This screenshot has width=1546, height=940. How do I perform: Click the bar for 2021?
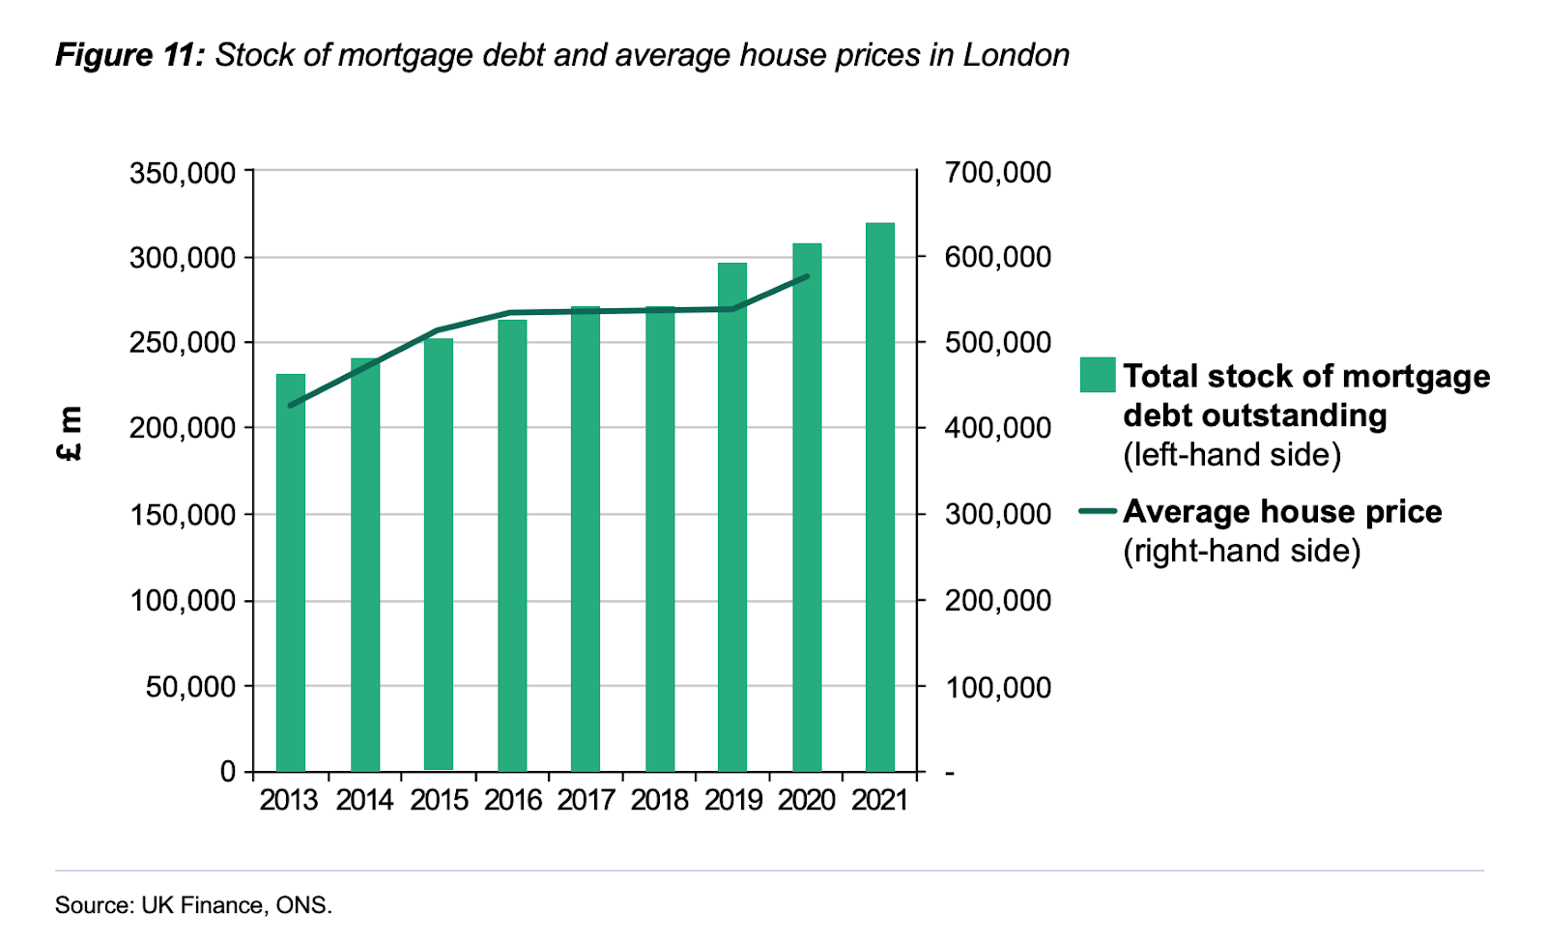(x=880, y=497)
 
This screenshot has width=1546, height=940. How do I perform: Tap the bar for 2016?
(x=512, y=545)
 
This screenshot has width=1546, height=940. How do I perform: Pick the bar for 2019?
(x=732, y=517)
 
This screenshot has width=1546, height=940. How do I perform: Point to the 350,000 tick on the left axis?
(x=183, y=173)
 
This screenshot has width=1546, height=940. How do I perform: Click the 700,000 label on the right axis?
(x=997, y=173)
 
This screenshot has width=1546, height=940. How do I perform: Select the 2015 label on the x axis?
(x=439, y=800)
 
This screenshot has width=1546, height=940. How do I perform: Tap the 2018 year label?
(x=659, y=800)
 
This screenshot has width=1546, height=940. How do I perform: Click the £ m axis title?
(x=71, y=432)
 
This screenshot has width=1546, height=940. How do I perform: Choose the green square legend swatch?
(x=1098, y=375)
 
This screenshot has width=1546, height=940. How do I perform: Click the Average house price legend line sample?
(x=1098, y=511)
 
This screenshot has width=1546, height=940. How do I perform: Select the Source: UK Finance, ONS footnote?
(x=193, y=905)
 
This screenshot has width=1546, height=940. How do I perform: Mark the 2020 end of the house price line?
(x=807, y=276)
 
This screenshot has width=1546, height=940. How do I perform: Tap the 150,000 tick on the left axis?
(x=183, y=514)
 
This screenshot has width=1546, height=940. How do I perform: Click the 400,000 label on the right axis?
(x=997, y=427)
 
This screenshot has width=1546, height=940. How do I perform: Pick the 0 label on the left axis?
(x=228, y=771)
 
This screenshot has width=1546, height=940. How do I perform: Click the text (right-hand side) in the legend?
(x=1242, y=551)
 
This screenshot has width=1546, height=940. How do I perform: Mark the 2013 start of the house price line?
(x=291, y=406)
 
